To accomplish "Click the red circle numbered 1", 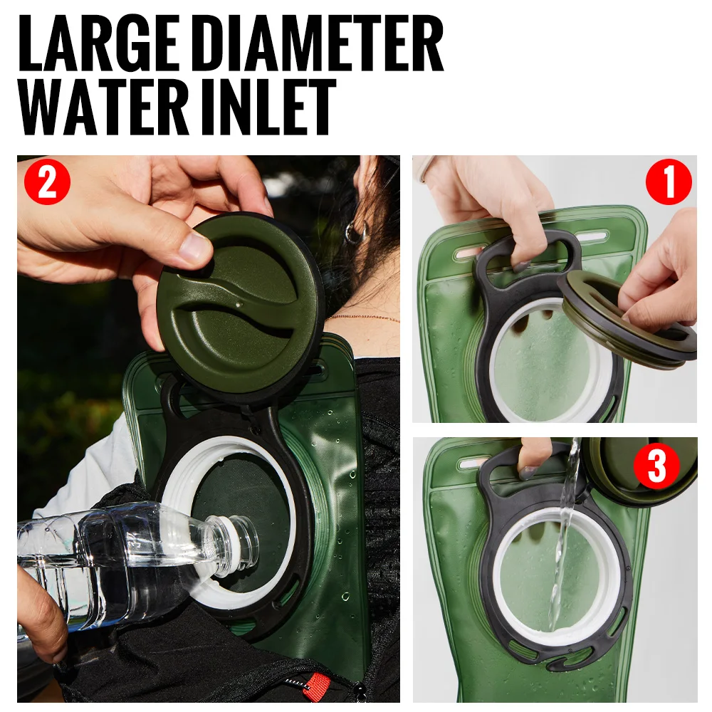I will point(669,182).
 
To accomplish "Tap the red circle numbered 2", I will point(47,182).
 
